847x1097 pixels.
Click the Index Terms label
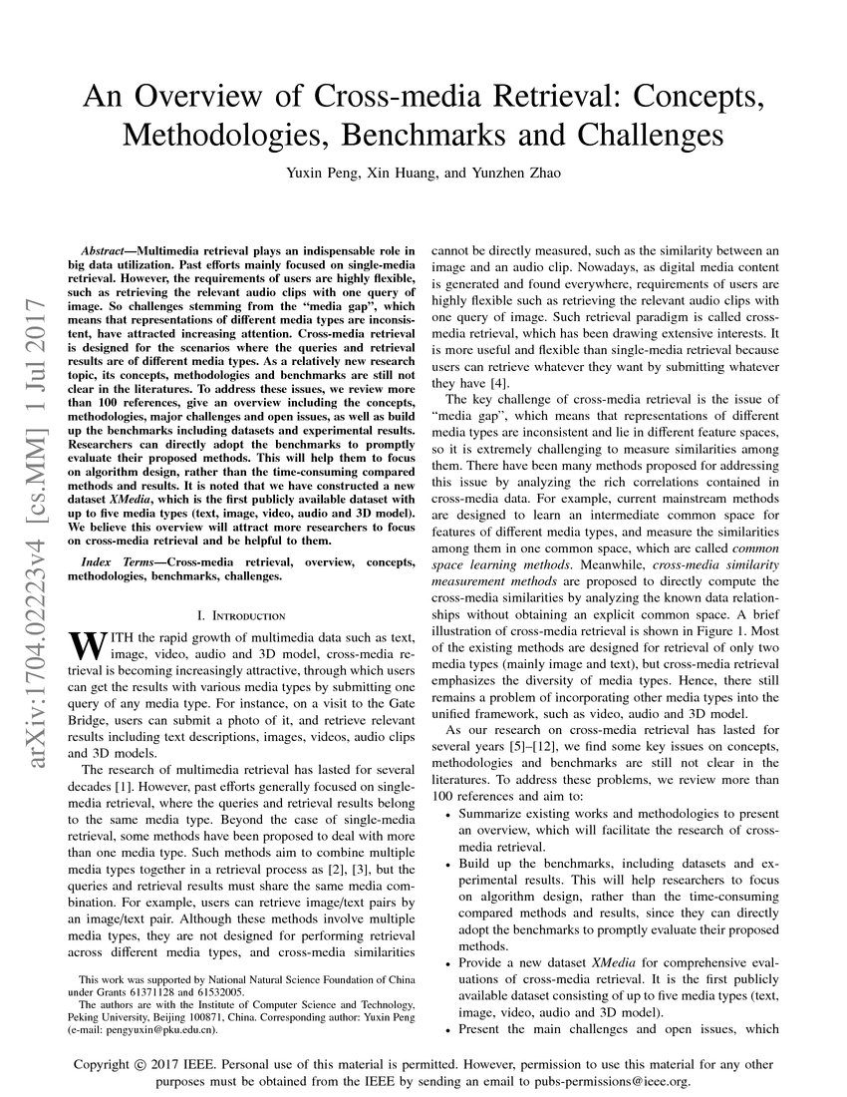point(118,563)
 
